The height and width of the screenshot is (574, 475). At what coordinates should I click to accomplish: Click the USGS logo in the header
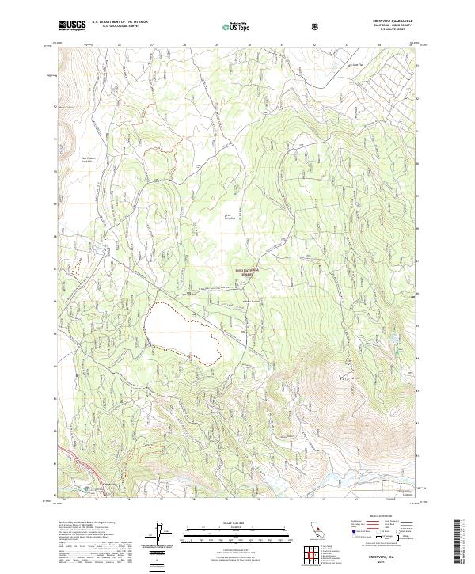pos(72,25)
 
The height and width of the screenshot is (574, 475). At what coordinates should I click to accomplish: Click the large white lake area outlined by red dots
pos(180,333)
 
